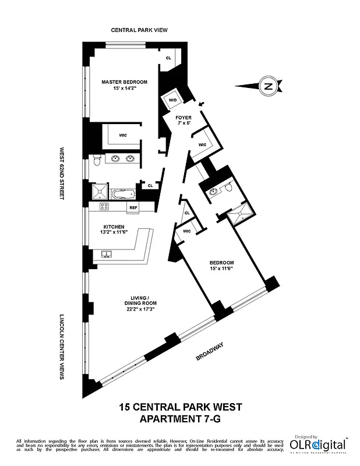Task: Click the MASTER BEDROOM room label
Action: pyautogui.click(x=124, y=82)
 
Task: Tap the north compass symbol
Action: pyautogui.click(x=268, y=86)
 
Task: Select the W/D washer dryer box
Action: pyautogui.click(x=173, y=100)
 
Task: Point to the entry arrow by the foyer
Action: pyautogui.click(x=202, y=104)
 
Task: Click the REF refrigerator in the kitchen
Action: pyautogui.click(x=133, y=207)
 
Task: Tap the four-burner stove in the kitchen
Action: pyautogui.click(x=104, y=206)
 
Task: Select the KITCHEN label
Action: pyautogui.click(x=114, y=227)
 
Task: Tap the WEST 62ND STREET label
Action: pyautogui.click(x=62, y=174)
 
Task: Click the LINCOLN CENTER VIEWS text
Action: pyautogui.click(x=62, y=348)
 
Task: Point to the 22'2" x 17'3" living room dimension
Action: pyautogui.click(x=137, y=309)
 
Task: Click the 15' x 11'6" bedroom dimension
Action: pyautogui.click(x=221, y=269)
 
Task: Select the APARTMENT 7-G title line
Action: pyautogui.click(x=180, y=418)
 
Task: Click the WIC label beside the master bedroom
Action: pyautogui.click(x=123, y=135)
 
